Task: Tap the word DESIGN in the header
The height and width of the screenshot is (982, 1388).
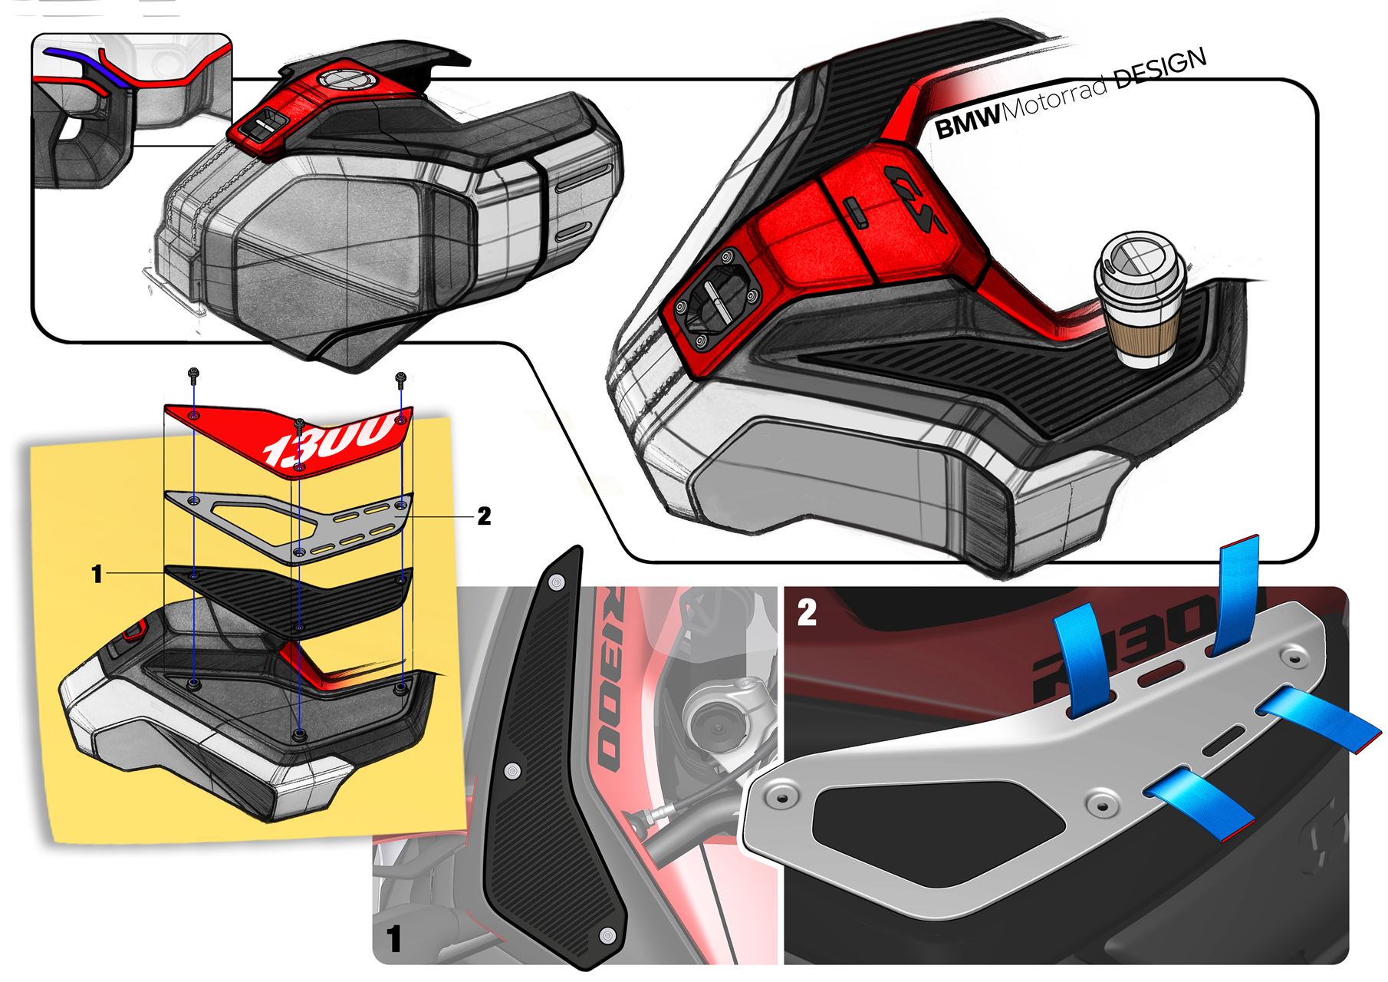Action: coord(1160,72)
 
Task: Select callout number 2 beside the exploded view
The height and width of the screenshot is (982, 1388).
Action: coord(484,516)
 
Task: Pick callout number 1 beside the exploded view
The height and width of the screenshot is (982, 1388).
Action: coord(97,574)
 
